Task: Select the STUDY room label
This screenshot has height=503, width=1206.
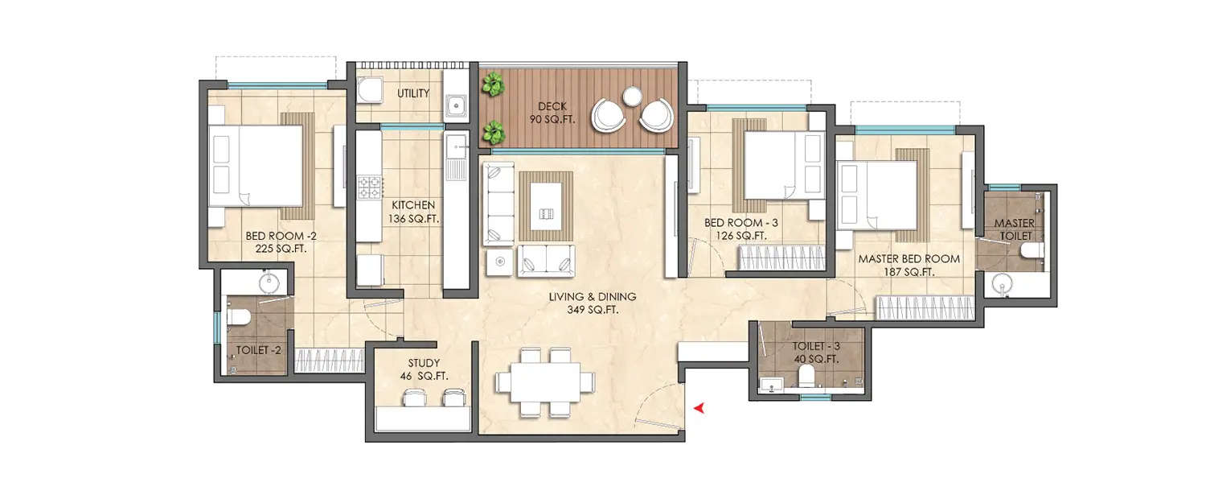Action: coord(422,369)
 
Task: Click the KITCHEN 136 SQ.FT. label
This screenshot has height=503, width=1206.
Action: coord(414,211)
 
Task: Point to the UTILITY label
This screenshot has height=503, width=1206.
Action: coord(413,93)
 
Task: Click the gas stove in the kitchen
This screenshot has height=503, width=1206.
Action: coord(370,188)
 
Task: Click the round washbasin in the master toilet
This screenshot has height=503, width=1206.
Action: coord(1003,283)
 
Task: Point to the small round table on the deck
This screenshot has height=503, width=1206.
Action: coord(633,95)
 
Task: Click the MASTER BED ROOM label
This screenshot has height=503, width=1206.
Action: coord(909,266)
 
